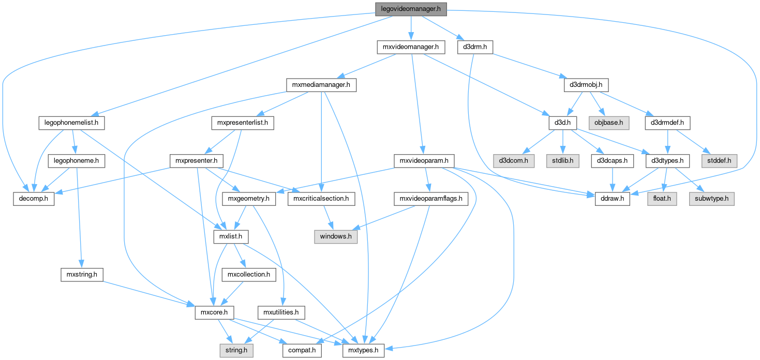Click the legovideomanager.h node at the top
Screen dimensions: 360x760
(411, 9)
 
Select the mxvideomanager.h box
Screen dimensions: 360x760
(410, 47)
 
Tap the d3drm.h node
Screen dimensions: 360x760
(475, 47)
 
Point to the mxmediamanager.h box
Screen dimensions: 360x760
(322, 85)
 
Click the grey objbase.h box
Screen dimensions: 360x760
(609, 123)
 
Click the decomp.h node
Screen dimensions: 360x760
(34, 199)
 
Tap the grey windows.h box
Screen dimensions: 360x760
(335, 236)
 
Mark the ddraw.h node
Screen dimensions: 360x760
(613, 199)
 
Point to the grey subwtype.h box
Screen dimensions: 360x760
(711, 199)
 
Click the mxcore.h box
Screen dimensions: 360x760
(214, 312)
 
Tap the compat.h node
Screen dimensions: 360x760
(303, 350)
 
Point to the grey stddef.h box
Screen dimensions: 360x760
(719, 161)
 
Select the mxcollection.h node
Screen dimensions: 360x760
(249, 274)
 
